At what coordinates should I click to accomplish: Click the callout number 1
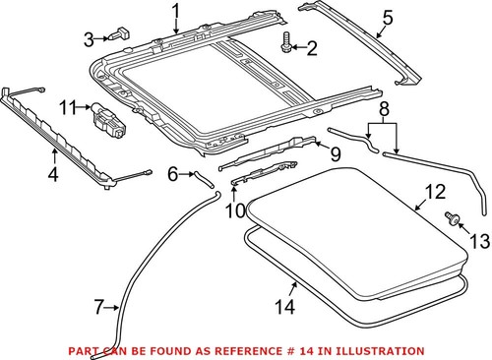coord(176,12)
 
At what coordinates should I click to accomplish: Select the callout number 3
coord(89,39)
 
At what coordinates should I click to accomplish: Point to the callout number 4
coord(52,175)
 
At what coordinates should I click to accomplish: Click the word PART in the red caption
coord(85,350)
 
